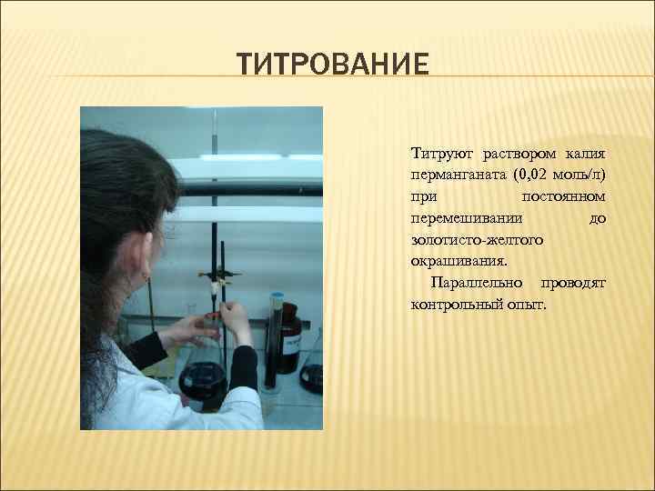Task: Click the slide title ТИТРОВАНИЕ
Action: [332, 65]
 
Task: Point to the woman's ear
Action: [146, 271]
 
